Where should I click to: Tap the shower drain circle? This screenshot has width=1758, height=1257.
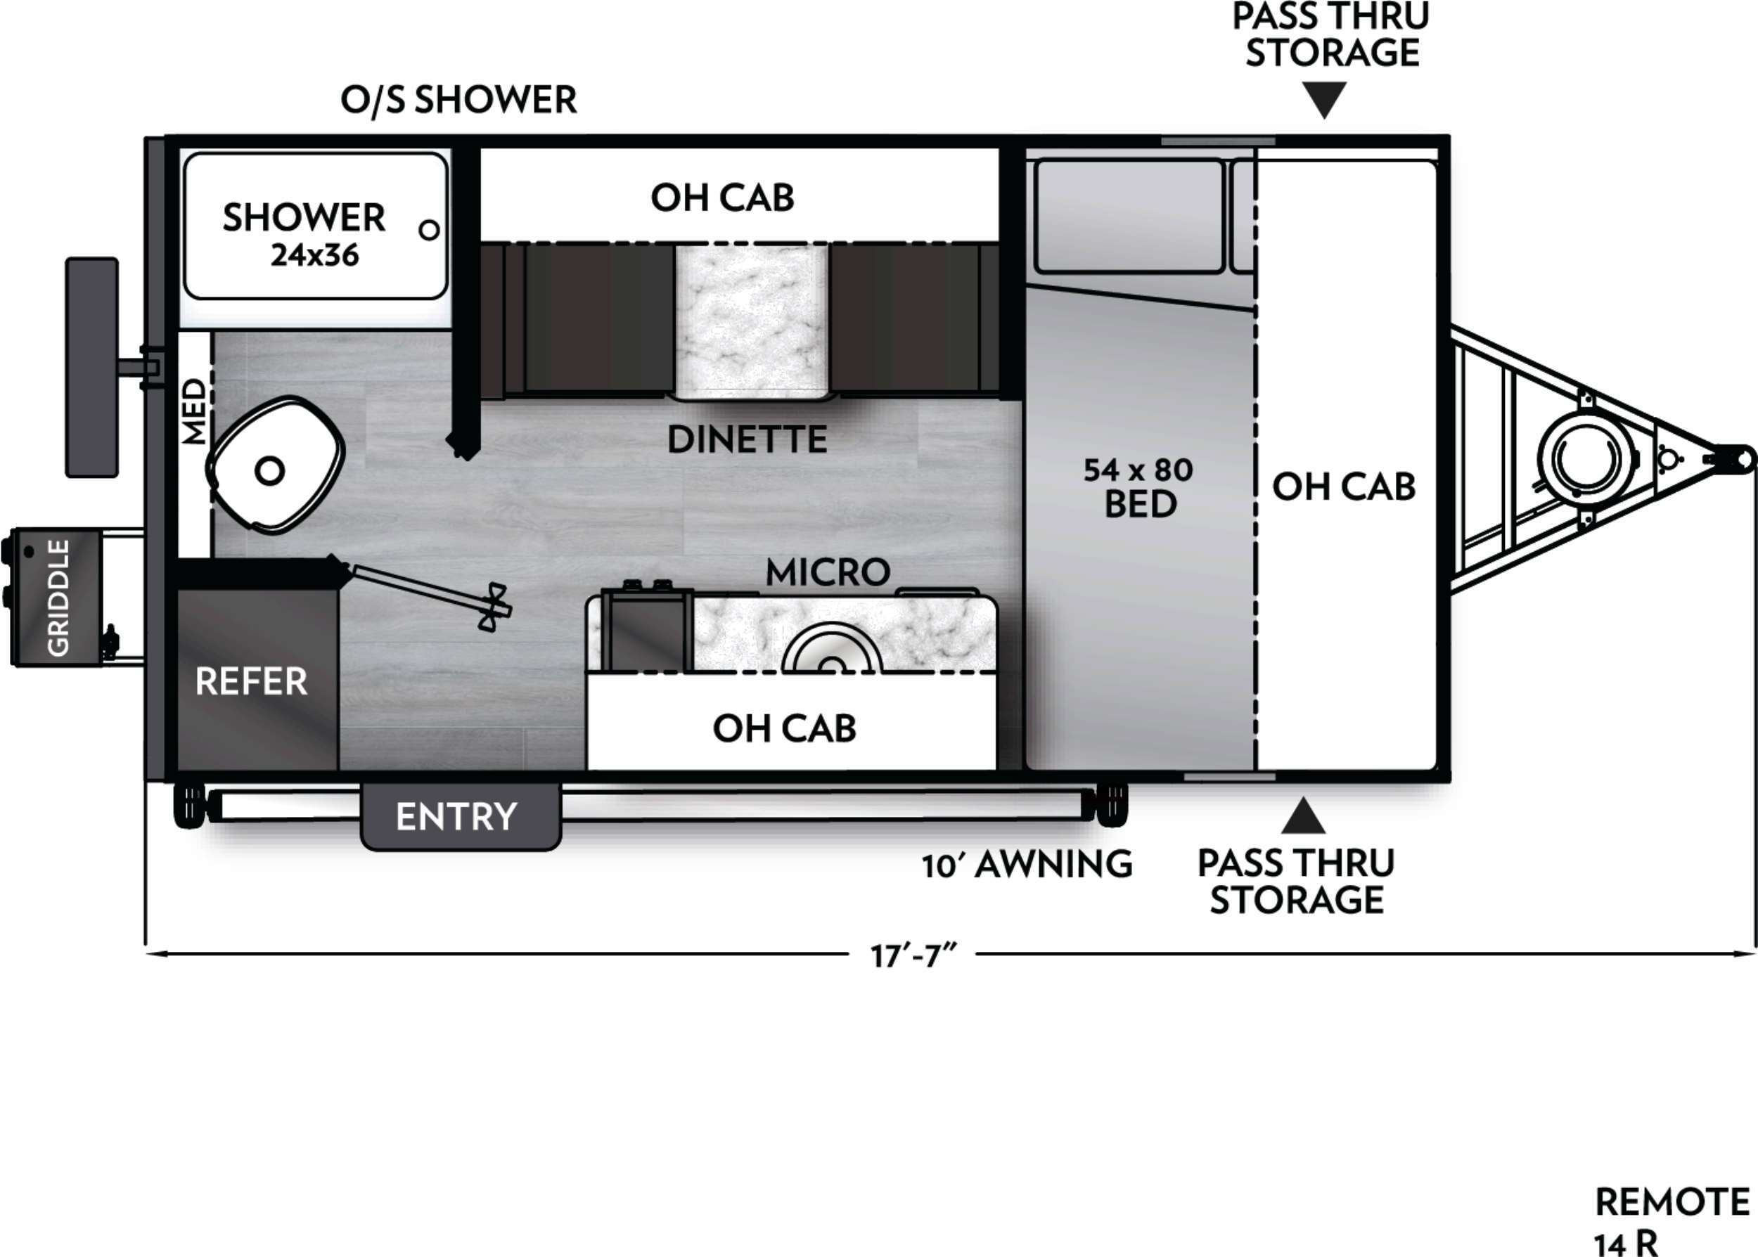click(429, 230)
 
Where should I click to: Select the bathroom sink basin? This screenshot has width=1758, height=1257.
click(276, 465)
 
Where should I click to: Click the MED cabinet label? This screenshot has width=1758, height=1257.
click(195, 411)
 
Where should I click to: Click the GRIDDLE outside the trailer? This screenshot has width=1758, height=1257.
click(56, 597)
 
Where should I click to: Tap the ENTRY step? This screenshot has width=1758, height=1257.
click(460, 817)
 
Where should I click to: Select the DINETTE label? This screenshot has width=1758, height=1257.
click(747, 439)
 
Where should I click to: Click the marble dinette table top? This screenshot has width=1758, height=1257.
click(752, 321)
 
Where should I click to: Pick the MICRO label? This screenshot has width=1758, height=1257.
click(828, 573)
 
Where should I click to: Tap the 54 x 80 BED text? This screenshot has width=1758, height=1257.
click(1138, 487)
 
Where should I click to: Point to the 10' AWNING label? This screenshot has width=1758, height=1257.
click(1027, 864)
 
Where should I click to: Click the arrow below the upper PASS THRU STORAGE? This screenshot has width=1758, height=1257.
click(1325, 101)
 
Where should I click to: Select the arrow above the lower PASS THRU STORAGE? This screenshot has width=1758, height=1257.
click(1304, 816)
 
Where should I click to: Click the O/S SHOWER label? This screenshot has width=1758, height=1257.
click(459, 100)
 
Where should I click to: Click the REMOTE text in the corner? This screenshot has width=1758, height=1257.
click(1672, 1203)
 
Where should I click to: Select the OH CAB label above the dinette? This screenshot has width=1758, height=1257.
click(722, 198)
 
